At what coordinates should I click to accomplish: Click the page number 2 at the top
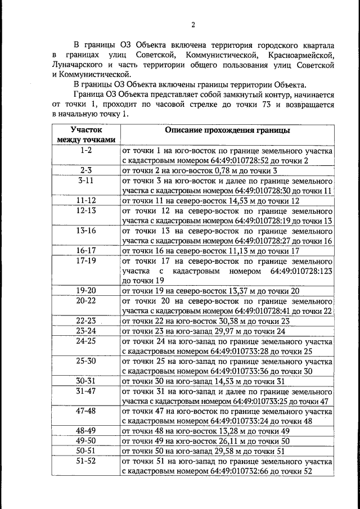click(192, 24)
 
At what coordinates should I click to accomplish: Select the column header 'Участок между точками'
click(86, 135)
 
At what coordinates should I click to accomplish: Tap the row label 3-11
click(86, 181)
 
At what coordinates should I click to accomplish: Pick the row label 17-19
click(86, 261)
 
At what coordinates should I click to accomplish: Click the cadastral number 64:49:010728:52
click(249, 161)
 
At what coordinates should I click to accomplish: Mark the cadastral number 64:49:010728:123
click(301, 271)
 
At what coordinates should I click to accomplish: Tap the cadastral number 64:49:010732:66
click(249, 472)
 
